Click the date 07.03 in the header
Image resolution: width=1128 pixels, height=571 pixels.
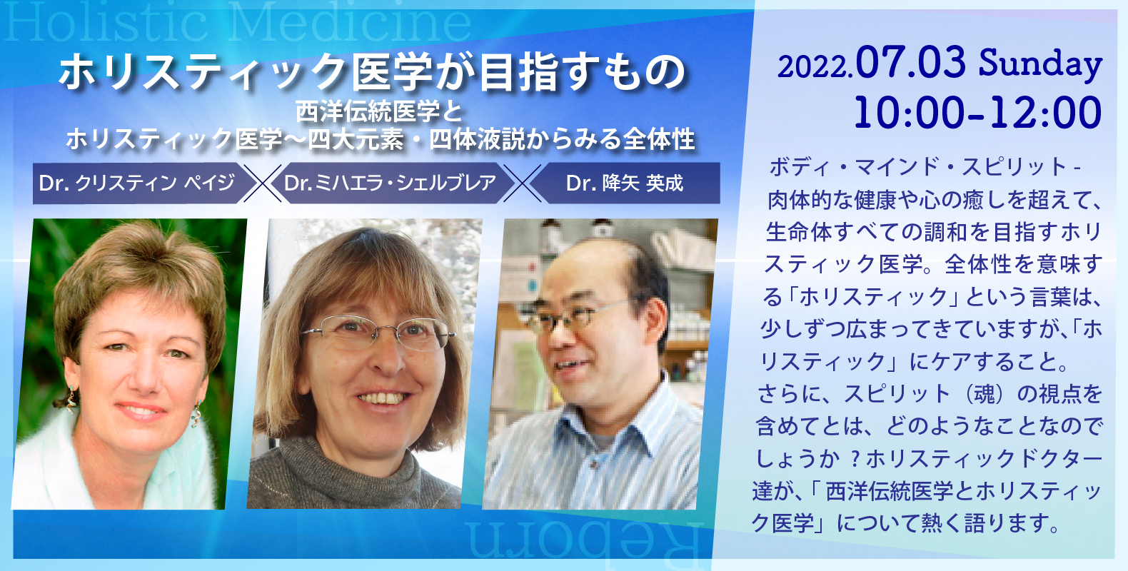[911, 63]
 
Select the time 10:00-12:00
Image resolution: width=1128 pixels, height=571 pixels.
[977, 113]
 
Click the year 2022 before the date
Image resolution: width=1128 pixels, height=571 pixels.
[814, 68]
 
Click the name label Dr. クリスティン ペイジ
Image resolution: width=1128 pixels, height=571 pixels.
[137, 183]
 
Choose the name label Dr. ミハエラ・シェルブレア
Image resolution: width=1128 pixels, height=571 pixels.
[390, 183]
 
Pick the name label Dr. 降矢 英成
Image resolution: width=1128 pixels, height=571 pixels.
[625, 183]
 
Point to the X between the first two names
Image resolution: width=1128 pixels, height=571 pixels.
[262, 183]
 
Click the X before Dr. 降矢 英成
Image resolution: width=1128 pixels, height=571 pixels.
[522, 183]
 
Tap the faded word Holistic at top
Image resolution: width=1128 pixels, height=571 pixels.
[106, 24]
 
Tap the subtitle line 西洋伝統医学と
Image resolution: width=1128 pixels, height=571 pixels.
[378, 112]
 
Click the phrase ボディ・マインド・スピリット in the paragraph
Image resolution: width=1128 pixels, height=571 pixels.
[917, 167]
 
